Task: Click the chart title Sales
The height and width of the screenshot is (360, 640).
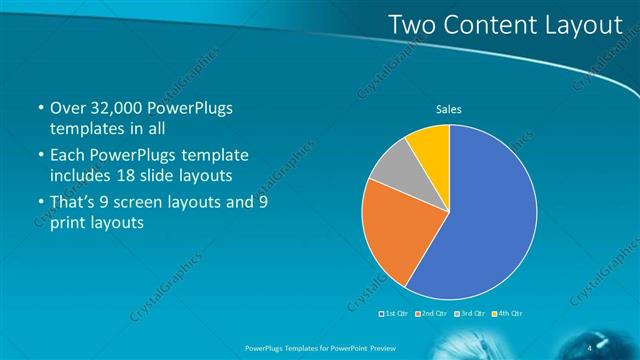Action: click(448, 109)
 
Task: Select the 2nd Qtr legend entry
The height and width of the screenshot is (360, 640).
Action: click(430, 313)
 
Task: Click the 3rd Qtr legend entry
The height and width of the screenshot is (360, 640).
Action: click(469, 313)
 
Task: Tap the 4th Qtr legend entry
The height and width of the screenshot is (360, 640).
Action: click(507, 313)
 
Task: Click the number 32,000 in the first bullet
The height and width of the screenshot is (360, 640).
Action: click(117, 108)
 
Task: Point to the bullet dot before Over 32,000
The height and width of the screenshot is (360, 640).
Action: click(39, 108)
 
